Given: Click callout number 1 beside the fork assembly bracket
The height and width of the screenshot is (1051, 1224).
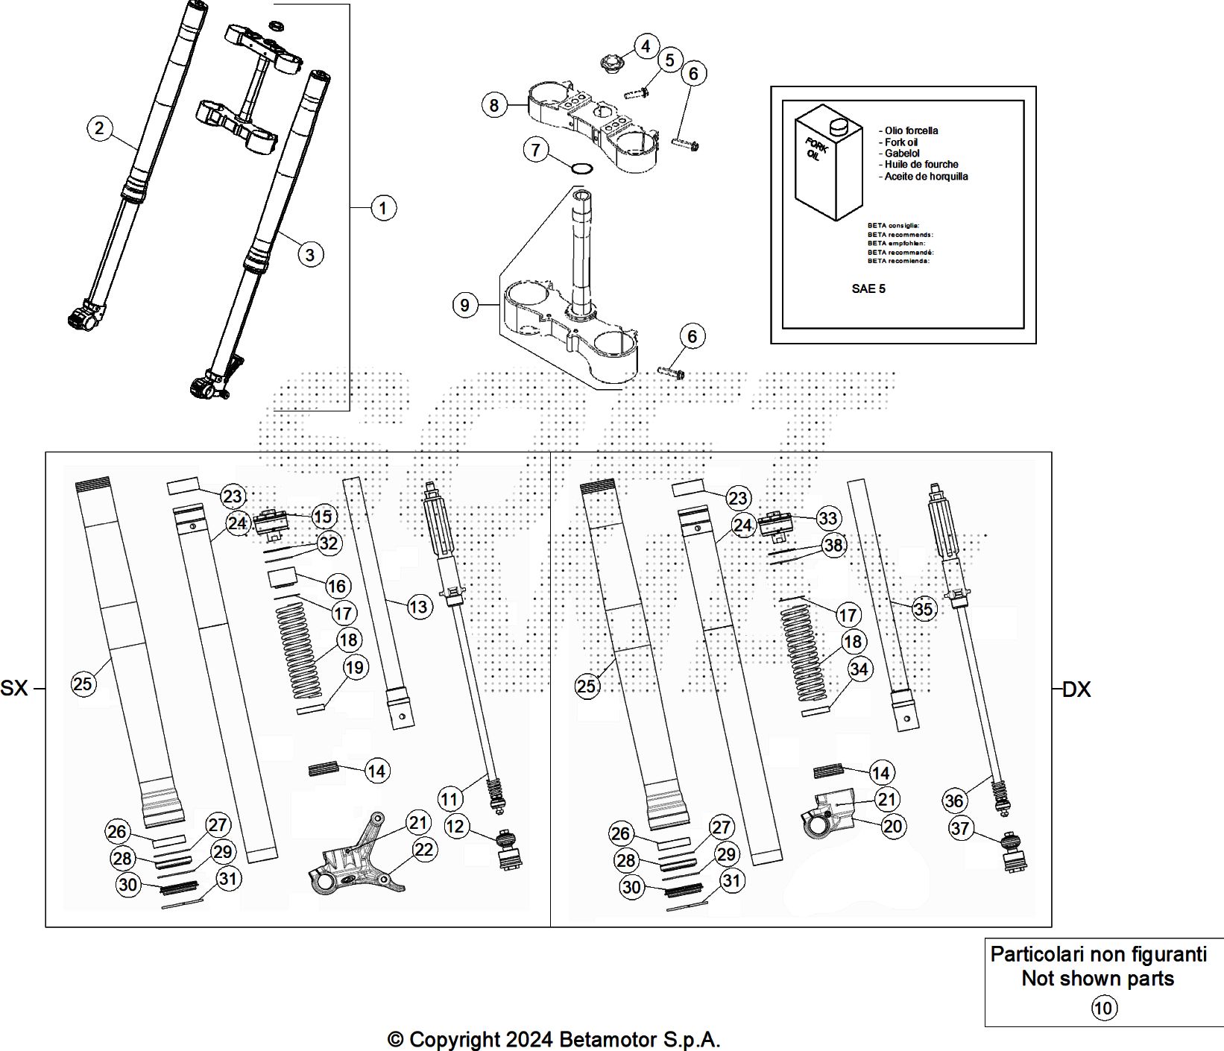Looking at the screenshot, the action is (x=383, y=208).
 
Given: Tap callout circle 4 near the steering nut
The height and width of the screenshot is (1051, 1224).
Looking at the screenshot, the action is (x=646, y=46).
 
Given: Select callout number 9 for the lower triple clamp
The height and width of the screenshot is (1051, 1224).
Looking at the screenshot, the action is (x=465, y=305).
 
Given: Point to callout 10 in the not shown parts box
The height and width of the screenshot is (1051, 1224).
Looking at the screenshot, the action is (x=1103, y=1009).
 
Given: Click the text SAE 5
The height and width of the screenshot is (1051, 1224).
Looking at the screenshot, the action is (x=868, y=288).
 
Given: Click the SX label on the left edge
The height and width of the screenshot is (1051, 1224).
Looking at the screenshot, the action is (x=14, y=688).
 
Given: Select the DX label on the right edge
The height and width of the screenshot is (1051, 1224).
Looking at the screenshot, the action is (x=1076, y=689).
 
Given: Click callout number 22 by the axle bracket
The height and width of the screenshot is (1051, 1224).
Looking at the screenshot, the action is (x=424, y=850).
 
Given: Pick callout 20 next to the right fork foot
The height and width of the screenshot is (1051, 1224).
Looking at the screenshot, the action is (x=892, y=826).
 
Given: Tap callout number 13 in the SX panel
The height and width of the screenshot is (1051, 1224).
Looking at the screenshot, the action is (x=418, y=607).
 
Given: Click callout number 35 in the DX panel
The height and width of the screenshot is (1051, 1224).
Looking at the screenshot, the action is (x=923, y=609).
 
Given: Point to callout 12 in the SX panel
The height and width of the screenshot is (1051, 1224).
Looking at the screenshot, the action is (x=455, y=826).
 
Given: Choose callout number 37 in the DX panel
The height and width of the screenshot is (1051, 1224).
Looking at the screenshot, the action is (x=961, y=828).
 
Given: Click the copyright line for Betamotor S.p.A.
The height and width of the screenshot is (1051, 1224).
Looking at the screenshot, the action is (x=554, y=1039).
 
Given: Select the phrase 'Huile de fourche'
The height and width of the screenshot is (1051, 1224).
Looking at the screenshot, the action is (x=921, y=165).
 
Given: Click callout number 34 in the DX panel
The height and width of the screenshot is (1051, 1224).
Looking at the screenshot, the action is (x=859, y=669).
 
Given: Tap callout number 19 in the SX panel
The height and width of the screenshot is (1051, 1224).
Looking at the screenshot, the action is (x=354, y=667).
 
